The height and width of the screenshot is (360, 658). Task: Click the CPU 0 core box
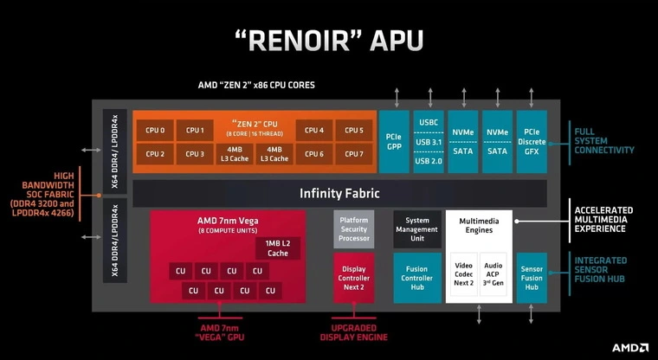tap(156, 131)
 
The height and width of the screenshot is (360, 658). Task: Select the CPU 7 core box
tap(353, 154)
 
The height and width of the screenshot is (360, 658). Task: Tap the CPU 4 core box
tap(314, 131)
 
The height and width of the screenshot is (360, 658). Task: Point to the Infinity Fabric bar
tap(339, 193)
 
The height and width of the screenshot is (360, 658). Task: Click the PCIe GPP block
tap(394, 141)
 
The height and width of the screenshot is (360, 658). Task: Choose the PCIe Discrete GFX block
tap(532, 141)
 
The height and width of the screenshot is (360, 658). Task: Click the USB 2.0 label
tap(429, 161)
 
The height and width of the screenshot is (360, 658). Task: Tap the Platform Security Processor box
tap(352, 228)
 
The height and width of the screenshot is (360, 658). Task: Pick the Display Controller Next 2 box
tap(352, 277)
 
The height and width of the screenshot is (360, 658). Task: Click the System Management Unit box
tap(417, 228)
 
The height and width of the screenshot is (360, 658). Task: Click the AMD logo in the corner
tap(629, 347)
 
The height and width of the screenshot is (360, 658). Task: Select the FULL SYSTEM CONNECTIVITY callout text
tap(603, 141)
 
